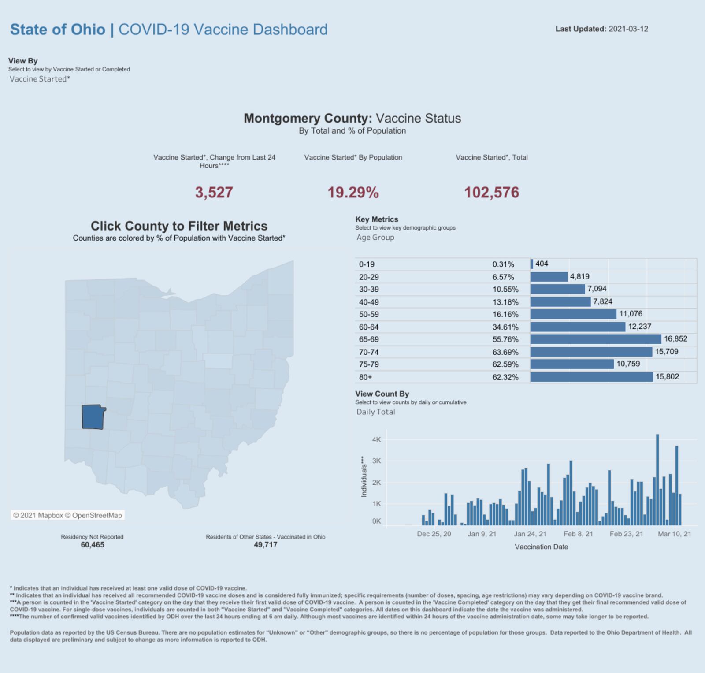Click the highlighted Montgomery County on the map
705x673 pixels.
[x=93, y=417]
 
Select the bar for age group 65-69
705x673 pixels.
[x=595, y=339]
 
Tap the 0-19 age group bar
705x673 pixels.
[x=532, y=264]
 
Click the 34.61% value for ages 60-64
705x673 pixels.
[x=505, y=327]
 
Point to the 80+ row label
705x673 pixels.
[x=366, y=377]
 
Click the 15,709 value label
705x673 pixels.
[x=666, y=352]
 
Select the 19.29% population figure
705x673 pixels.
[x=353, y=193]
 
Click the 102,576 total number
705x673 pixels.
[x=492, y=193]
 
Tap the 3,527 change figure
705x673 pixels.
[x=214, y=193]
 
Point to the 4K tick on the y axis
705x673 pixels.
[x=376, y=439]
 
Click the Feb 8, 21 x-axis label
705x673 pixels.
[x=578, y=534]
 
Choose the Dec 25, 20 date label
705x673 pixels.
[x=434, y=534]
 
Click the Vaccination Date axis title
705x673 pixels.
[x=541, y=547]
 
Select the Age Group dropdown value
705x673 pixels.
[x=375, y=237]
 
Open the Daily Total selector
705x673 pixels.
[x=376, y=412]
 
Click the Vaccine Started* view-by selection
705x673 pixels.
[x=40, y=79]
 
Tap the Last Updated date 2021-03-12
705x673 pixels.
[x=628, y=29]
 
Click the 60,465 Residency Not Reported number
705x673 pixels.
[x=92, y=545]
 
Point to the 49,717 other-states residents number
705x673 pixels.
[x=265, y=545]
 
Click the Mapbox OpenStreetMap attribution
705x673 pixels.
[x=68, y=515]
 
